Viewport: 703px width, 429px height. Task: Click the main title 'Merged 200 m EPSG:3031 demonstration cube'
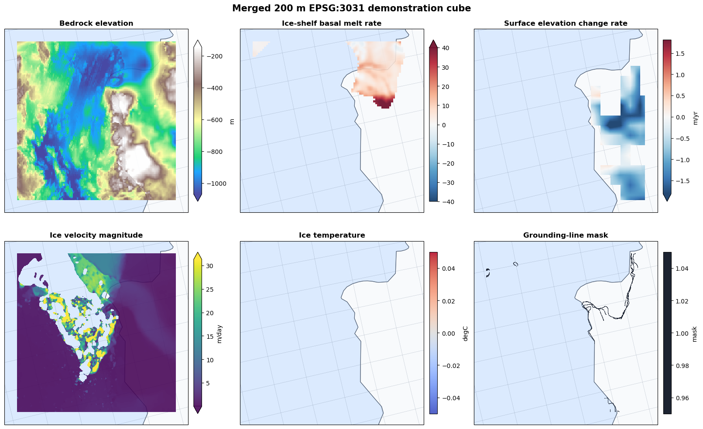click(352, 8)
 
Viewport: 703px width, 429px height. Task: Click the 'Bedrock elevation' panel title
click(96, 23)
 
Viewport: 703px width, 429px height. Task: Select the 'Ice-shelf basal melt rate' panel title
click(332, 23)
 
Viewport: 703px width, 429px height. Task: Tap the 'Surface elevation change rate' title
click(566, 23)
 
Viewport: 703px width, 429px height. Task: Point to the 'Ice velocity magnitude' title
click(96, 235)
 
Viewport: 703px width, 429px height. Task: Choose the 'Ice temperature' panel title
click(332, 235)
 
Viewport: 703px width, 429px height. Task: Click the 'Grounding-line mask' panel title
click(566, 235)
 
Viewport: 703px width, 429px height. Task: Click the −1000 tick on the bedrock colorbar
click(216, 184)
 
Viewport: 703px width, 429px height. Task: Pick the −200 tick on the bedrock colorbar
click(214, 56)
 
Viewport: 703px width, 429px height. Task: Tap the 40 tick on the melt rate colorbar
click(446, 48)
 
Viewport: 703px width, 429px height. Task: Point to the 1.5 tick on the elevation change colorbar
click(680, 54)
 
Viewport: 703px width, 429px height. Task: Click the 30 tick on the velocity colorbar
click(209, 266)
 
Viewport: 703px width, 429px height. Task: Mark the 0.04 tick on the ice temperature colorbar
click(449, 269)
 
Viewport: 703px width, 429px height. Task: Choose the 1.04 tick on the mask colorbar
click(682, 269)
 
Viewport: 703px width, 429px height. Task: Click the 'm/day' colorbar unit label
click(219, 334)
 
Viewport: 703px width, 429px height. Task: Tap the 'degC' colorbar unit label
click(466, 334)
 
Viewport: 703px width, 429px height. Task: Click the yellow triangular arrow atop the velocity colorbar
click(198, 256)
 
